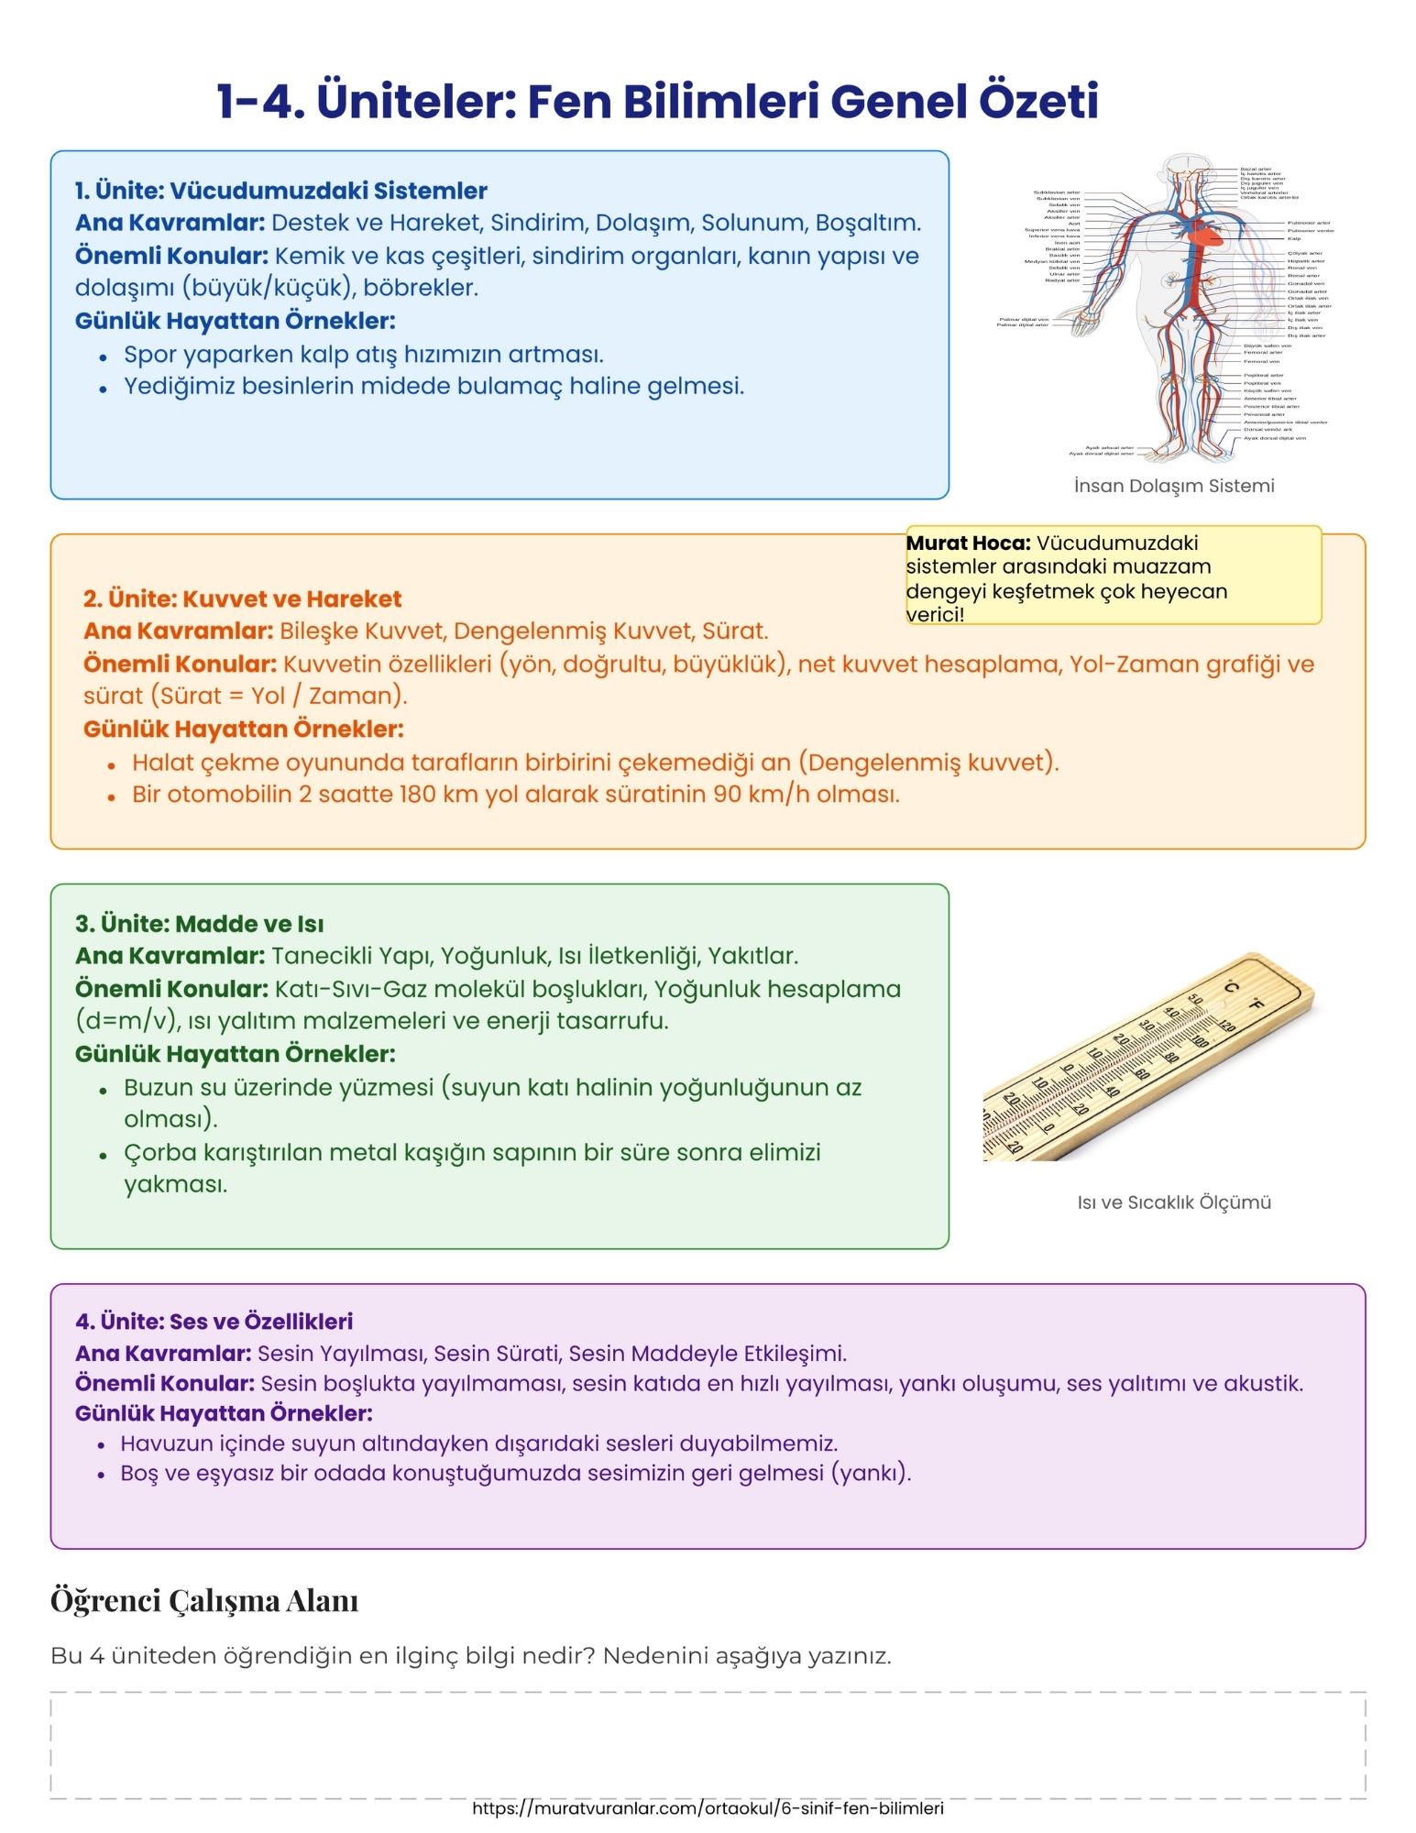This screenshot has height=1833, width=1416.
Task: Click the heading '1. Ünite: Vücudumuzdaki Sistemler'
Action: pos(280,191)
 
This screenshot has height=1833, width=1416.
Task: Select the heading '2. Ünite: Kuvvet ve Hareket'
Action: pos(242,598)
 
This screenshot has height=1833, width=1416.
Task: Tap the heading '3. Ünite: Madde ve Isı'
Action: pos(199,923)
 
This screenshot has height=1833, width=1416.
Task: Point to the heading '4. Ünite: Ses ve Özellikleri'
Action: pos(214,1321)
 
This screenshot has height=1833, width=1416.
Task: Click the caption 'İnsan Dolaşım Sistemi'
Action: pos(1173,486)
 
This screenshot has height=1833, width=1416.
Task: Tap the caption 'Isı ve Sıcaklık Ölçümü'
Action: pos(1173,1202)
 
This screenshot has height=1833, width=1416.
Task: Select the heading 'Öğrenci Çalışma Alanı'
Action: pos(203,1600)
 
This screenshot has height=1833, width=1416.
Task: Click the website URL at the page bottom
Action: pos(708,1808)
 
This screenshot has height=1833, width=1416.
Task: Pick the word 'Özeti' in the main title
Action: pos(1037,101)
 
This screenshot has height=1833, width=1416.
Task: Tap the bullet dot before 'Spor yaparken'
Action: pos(104,357)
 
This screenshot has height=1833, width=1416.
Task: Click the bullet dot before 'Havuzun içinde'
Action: pos(102,1445)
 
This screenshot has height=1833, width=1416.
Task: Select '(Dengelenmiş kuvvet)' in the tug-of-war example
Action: pos(932,763)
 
